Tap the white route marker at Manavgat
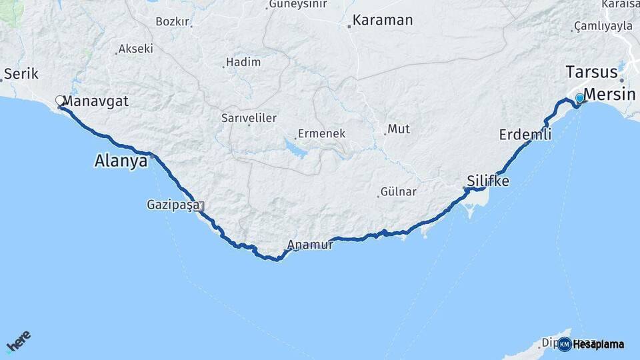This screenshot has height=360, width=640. [x=60, y=101]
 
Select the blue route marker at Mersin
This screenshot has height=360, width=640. [x=579, y=99]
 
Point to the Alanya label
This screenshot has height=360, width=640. [x=121, y=161]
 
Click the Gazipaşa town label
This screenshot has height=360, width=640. [x=173, y=205]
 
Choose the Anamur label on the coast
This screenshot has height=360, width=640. [x=310, y=245]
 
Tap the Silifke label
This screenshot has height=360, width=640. [x=488, y=181]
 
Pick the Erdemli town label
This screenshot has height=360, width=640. [x=525, y=135]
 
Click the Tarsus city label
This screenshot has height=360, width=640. [x=591, y=72]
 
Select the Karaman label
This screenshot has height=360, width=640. [x=383, y=20]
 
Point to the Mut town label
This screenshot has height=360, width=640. [x=399, y=129]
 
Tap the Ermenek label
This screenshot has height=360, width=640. [x=321, y=133]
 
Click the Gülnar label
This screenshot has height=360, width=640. [x=398, y=192]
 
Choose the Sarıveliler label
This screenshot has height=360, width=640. [x=249, y=118]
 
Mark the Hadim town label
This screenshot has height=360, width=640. [x=243, y=61]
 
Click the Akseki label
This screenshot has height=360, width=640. [x=136, y=49]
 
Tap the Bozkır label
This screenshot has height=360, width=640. [x=173, y=21]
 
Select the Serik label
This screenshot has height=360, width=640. [x=21, y=73]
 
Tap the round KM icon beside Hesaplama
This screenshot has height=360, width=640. [x=565, y=344]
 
